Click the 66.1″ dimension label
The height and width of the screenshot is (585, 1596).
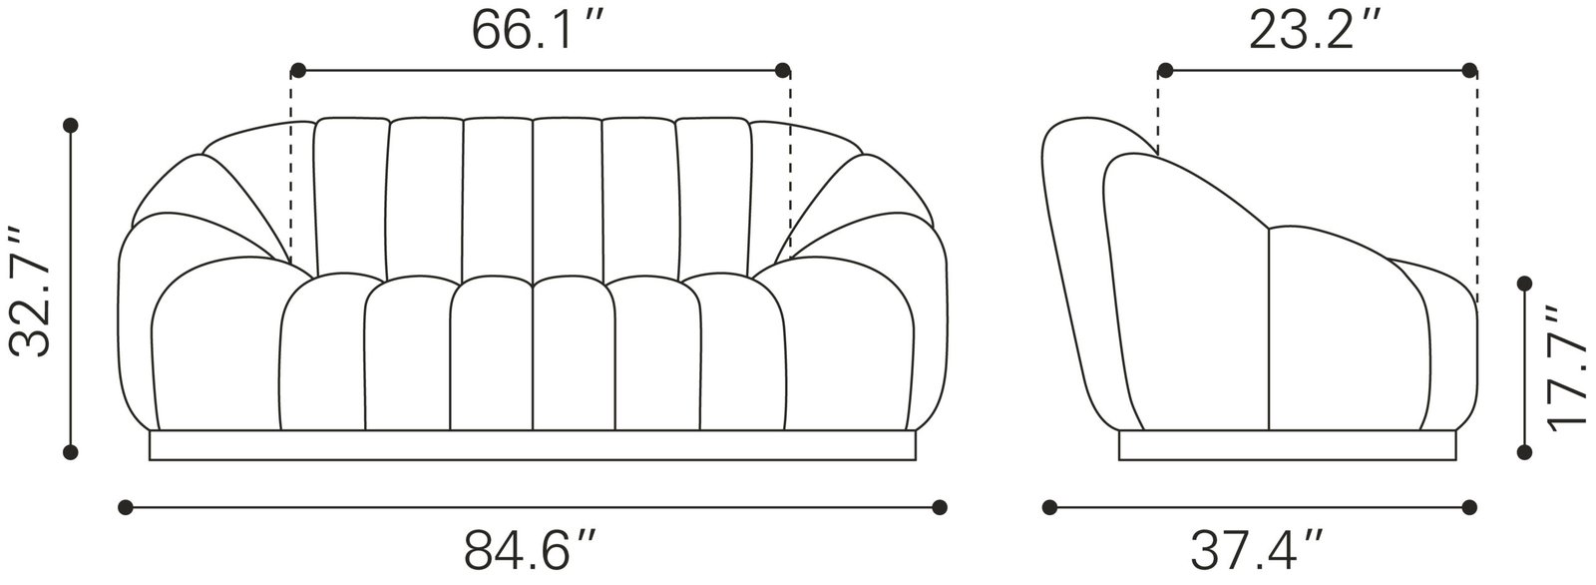(539, 30)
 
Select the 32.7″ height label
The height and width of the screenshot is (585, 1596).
(29, 292)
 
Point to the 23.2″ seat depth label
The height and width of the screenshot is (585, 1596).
(1315, 30)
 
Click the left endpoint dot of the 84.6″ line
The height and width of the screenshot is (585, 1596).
(125, 507)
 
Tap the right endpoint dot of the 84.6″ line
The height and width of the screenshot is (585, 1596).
(939, 507)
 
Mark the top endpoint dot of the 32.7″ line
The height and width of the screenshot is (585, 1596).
(70, 126)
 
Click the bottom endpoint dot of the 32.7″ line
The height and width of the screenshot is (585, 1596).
(70, 452)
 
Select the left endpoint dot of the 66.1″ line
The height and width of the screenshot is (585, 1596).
(297, 70)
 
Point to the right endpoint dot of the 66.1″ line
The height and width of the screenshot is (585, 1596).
(783, 70)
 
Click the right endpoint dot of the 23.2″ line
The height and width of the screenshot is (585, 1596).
(1469, 70)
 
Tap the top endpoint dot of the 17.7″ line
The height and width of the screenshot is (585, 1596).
(1523, 286)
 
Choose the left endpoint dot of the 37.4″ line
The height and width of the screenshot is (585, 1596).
(1049, 507)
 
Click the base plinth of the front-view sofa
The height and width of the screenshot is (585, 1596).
(532, 446)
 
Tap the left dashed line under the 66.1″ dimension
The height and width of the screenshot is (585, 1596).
(291, 170)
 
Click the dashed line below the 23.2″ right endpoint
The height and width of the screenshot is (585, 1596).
(1477, 190)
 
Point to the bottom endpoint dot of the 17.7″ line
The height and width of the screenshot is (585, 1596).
(1523, 452)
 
